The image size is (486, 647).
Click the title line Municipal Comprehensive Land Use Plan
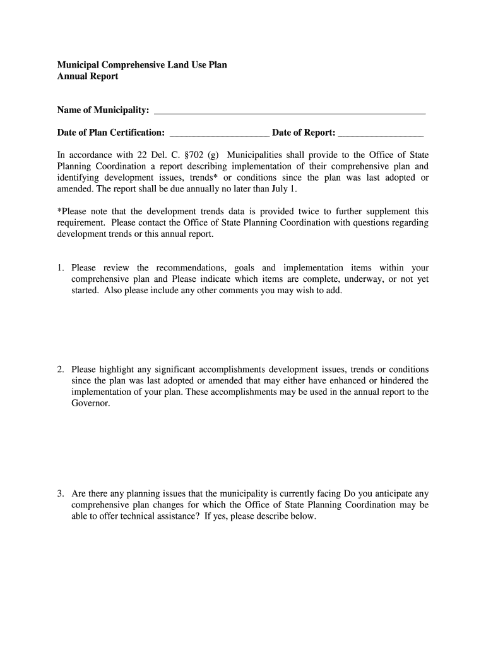[142, 65]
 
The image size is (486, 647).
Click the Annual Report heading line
[88, 76]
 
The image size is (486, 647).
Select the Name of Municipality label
[104, 111]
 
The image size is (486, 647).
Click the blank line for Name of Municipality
[290, 112]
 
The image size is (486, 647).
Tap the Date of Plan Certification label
[111, 133]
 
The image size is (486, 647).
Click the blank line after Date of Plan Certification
[220, 133]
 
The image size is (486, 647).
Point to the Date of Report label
[304, 133]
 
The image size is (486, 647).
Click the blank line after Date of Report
[381, 133]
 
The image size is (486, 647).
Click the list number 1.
[61, 268]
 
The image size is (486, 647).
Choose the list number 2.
[61, 369]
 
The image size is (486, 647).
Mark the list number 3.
[61, 493]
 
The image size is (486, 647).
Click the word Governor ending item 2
[90, 403]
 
